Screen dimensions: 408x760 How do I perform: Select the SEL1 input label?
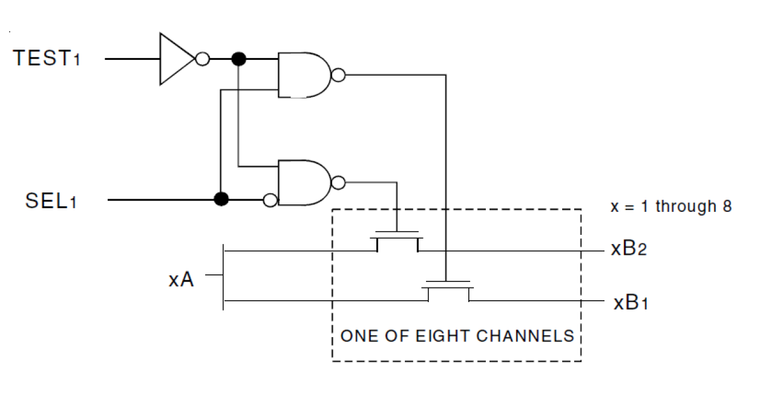point(51,200)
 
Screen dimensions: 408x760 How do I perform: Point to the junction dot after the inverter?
point(239,59)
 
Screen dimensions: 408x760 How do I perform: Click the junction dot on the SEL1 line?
point(222,199)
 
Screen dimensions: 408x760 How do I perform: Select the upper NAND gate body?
point(303,75)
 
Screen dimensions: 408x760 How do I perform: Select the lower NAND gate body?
point(303,183)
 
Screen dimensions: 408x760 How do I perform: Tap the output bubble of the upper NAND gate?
point(339,76)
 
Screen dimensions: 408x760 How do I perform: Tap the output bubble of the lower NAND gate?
point(339,182)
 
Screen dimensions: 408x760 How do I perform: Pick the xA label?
point(181,280)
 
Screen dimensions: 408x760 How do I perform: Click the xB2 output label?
point(629,249)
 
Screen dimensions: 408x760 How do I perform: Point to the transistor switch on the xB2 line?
point(397,241)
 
